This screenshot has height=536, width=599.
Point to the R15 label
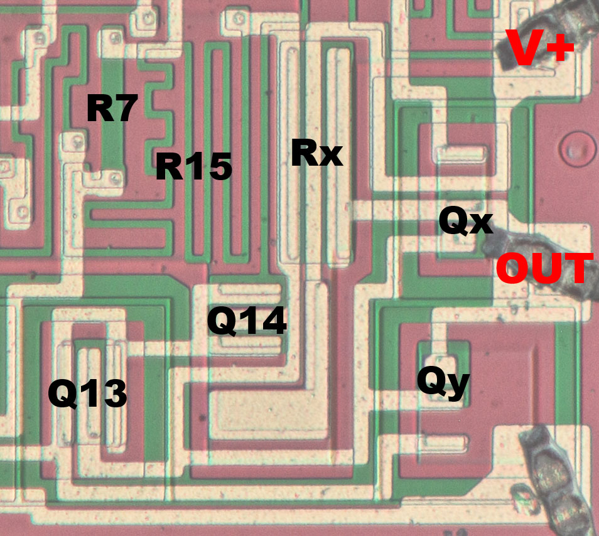tap(193, 167)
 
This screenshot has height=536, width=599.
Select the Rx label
tap(316, 154)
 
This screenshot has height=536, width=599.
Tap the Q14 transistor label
tap(247, 321)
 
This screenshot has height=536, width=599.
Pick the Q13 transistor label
tap(87, 394)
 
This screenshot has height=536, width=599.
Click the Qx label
tap(465, 222)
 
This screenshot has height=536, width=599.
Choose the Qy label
tap(443, 383)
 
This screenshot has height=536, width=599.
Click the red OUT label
tap(544, 269)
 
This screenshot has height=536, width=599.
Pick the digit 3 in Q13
tap(114, 394)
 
